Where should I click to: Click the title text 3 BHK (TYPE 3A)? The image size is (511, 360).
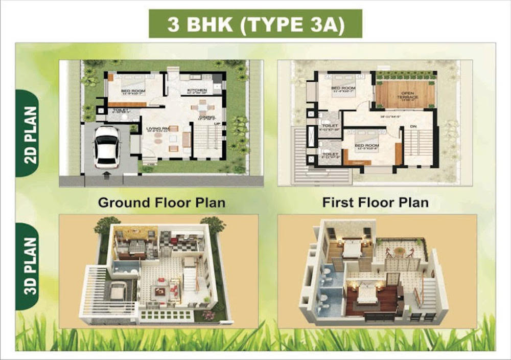coord(255,24)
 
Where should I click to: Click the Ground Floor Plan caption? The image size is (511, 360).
coord(161,202)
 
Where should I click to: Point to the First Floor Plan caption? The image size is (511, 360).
coord(375,202)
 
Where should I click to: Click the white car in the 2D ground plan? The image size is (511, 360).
coord(107,148)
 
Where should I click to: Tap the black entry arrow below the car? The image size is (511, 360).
coord(106,175)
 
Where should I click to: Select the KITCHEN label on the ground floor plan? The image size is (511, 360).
coord(196,91)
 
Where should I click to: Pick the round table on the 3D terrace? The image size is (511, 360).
coord(400,251)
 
